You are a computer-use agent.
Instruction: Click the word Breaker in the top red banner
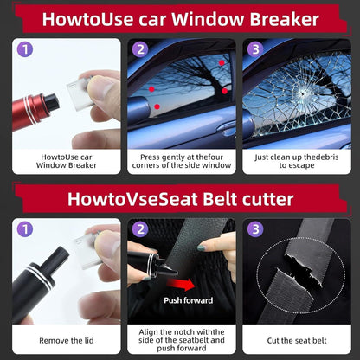point(284,19)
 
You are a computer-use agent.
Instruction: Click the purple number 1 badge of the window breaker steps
point(25,49)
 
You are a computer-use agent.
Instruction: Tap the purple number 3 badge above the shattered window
point(255,49)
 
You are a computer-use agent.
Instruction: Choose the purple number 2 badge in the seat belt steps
point(140,229)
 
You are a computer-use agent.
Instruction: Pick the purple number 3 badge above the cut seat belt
point(255,229)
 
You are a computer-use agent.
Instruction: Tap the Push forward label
point(189,300)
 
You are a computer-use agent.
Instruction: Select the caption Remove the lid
point(67,340)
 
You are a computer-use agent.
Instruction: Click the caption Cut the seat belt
point(297,340)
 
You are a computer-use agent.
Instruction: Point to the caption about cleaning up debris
point(297,161)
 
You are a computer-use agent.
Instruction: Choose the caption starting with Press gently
point(182,161)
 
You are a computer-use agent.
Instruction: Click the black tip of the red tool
point(52,102)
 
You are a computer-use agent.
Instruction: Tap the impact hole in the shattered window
point(302,93)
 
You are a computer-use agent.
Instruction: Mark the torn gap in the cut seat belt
point(300,270)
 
